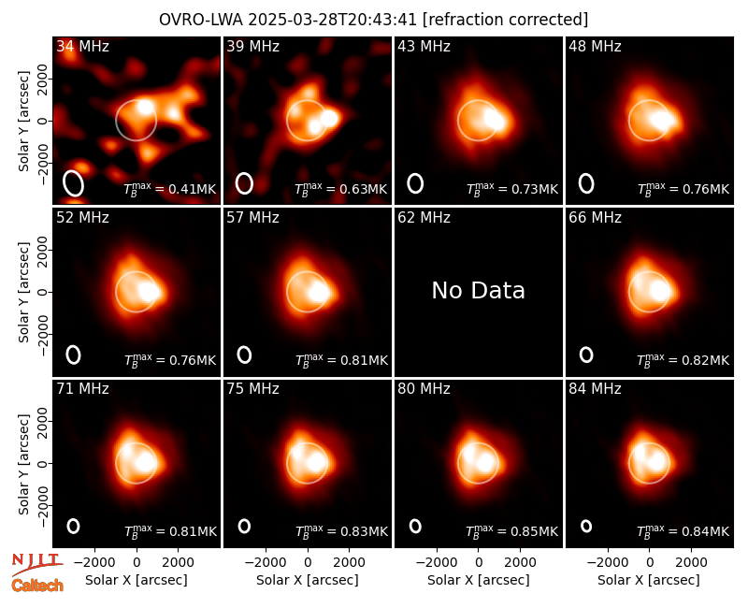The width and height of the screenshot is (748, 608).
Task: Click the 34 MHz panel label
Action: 82,46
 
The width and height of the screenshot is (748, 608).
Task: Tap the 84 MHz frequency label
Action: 595,389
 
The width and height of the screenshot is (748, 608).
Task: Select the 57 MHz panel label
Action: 252,218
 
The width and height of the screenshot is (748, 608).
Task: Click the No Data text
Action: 479,290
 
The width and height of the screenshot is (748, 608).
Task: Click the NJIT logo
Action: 37,564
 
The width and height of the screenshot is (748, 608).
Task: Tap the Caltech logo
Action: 37,586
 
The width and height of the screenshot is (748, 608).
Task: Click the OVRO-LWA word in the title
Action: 201,20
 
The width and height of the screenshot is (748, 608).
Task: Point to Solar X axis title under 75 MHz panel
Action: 308,580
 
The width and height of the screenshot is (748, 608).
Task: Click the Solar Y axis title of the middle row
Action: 23,292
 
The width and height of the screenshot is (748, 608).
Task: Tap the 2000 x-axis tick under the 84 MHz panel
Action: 691,563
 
